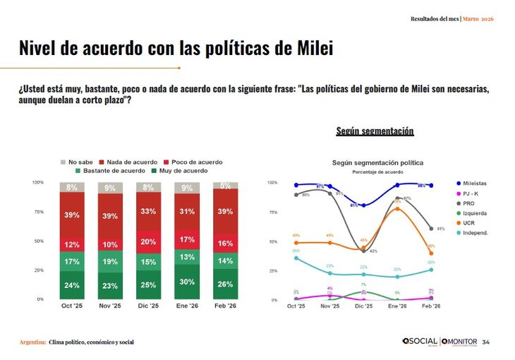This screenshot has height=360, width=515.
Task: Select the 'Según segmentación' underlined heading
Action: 375,131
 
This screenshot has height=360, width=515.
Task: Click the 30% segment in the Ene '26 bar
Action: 187,282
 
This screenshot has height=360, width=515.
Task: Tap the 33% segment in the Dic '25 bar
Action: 148,211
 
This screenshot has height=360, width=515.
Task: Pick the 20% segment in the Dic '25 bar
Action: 148,241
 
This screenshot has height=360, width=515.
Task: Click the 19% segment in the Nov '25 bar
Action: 110,261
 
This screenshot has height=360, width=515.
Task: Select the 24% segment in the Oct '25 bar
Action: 72,285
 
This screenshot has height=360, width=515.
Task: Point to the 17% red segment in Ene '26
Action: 187,239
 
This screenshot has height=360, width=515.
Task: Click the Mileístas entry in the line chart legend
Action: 480,184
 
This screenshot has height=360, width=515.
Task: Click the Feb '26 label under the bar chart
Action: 225,306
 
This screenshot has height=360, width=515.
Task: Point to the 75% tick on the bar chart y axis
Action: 38,212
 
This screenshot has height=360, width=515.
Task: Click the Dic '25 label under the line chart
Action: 363,306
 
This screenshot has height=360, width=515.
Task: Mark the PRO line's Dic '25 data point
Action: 363,250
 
